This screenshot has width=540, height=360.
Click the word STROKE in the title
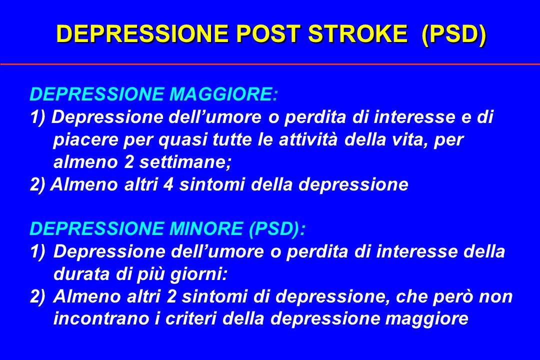[357, 34]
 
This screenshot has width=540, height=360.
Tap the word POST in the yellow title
[267, 34]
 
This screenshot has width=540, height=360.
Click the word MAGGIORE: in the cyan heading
[223, 94]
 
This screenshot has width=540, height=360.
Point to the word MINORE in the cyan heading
[206, 228]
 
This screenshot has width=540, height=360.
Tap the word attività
[308, 139]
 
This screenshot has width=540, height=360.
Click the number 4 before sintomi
[168, 184]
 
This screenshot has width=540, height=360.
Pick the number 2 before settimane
[129, 162]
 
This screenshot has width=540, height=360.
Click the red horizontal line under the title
[270, 64]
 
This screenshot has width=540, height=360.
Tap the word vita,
[410, 140]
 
